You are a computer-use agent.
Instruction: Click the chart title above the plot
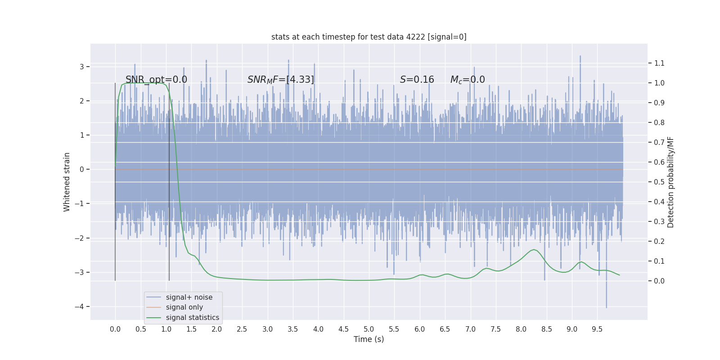(369, 37)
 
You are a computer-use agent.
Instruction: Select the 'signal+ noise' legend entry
(189, 297)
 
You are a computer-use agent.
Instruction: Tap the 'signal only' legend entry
(184, 307)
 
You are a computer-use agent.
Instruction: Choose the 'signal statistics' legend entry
(192, 318)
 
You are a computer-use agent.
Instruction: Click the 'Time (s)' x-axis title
(369, 339)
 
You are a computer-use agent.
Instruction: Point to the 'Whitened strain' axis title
(67, 182)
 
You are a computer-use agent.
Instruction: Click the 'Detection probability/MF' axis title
(670, 182)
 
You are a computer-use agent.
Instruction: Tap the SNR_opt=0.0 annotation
(156, 80)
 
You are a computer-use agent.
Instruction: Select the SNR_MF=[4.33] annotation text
(280, 80)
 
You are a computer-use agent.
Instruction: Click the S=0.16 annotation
(417, 80)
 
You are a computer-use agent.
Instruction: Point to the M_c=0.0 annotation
(468, 80)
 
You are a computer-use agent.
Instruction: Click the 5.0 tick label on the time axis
(369, 329)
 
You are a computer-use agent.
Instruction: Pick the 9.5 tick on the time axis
(597, 329)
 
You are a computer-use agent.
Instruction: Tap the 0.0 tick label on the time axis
(115, 329)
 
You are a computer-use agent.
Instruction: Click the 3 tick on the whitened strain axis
(82, 67)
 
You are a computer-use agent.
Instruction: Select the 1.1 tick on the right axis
(659, 63)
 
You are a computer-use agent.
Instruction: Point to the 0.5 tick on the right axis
(659, 182)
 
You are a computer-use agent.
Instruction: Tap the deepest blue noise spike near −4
(606, 307)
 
